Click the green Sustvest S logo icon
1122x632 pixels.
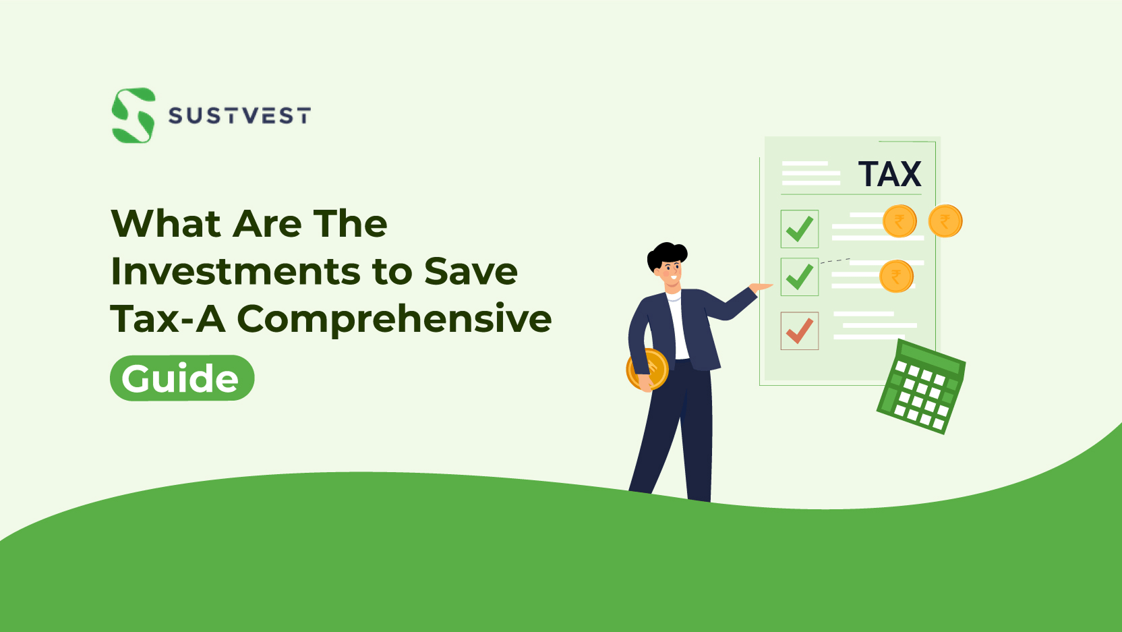coord(134,115)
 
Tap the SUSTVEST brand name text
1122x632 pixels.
coord(239,116)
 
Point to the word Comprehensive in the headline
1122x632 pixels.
coord(394,319)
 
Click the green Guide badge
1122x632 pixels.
coord(181,378)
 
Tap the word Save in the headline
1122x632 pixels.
coord(471,271)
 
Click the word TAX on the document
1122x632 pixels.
coord(889,174)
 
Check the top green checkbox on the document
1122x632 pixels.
coord(800,229)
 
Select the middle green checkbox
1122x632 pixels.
coord(800,277)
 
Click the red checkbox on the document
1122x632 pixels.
coord(800,331)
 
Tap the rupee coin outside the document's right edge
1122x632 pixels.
coord(945,221)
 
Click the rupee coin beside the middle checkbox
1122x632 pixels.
coord(896,277)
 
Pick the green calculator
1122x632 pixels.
coord(921,388)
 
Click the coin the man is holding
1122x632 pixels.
coord(647,370)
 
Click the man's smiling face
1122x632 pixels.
coord(671,272)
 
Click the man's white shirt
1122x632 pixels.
coord(678,324)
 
